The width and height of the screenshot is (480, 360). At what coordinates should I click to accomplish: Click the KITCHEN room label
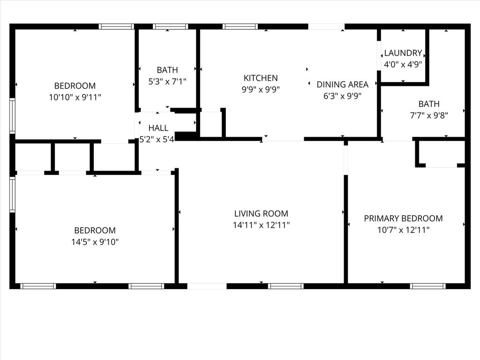261,78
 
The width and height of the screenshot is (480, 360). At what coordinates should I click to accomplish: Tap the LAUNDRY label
403,53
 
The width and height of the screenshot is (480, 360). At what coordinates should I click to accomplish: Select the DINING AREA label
342,84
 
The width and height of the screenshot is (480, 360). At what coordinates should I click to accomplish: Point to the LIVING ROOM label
261,213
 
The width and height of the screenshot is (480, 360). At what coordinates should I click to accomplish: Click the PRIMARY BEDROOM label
403,218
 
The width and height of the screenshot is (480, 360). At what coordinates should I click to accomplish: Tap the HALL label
158,128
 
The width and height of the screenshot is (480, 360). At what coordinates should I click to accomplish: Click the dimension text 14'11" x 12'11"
261,225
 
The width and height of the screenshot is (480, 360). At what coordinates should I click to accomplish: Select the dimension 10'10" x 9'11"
75,97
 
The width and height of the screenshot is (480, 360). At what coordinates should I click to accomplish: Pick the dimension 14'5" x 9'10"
95,242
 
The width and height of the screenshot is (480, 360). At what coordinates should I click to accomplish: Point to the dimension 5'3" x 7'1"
167,82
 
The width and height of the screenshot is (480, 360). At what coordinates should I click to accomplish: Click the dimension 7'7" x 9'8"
429,115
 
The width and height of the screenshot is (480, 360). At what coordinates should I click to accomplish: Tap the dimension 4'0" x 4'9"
403,65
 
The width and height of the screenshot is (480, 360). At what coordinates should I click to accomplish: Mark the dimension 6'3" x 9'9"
342,96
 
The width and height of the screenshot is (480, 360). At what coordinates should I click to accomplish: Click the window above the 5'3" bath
171,26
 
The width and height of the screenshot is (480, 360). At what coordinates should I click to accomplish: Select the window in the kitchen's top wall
240,26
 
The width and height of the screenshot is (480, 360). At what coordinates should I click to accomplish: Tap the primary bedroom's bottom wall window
427,286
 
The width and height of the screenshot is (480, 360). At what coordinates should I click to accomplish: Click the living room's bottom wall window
286,286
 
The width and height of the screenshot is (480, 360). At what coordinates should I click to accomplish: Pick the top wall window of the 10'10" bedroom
116,26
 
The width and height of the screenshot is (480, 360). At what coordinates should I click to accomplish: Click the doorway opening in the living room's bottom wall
207,286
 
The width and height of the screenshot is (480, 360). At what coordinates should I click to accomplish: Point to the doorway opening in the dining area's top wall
326,26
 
